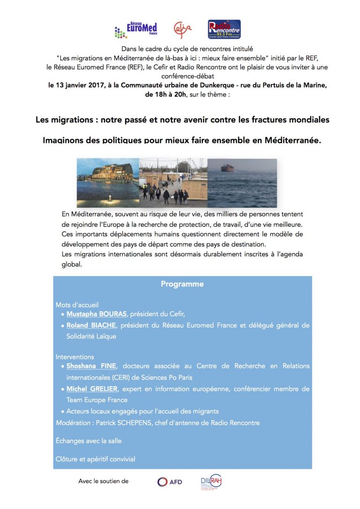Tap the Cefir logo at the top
coord(182,30)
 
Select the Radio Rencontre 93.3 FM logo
coord(225,30)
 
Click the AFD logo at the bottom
coord(169,481)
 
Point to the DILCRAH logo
coord(211,482)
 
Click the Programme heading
coord(182,284)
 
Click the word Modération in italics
coord(73,423)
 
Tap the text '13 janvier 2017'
coord(80,85)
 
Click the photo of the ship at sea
coord(242,183)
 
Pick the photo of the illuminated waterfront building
coord(108,183)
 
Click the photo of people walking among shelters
coord(173,183)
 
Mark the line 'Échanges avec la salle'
coord(89,441)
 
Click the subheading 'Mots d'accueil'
coord(77,305)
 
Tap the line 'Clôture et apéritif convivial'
coord(95,459)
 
